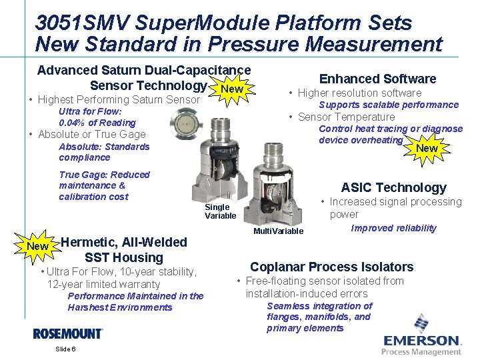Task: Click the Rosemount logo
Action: [x=68, y=333]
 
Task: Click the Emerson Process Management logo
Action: [x=421, y=336]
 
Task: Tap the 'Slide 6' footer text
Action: [x=65, y=349]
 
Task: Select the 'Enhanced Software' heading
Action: [x=377, y=79]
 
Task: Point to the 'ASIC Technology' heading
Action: [x=393, y=187]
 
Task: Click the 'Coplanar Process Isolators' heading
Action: [x=331, y=267]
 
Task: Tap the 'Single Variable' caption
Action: [x=220, y=211]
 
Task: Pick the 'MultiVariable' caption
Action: [x=278, y=231]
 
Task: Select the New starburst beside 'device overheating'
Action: [x=427, y=147]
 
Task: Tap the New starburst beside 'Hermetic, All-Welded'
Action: [x=37, y=246]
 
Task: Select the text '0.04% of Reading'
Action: [x=97, y=123]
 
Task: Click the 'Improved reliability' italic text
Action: [x=393, y=228]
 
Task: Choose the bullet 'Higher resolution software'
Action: [x=359, y=93]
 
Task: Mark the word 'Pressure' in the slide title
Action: [x=252, y=45]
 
